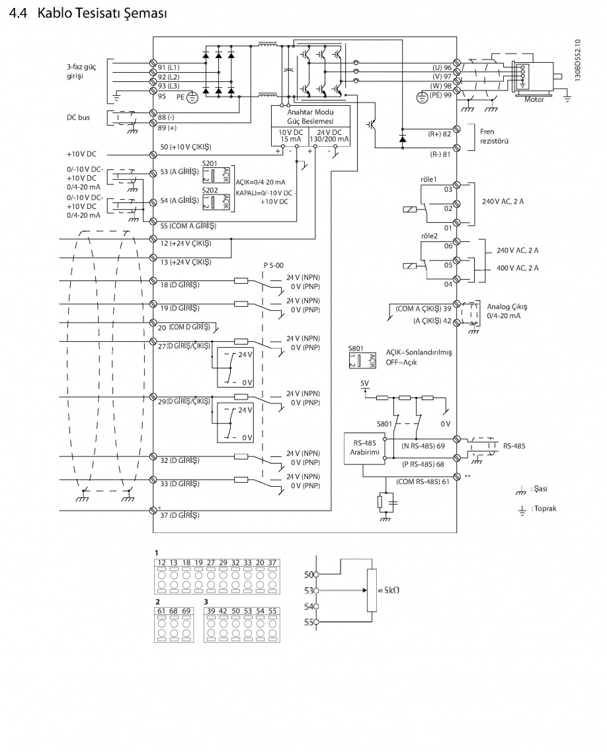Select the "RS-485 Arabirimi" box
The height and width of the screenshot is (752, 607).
pos(363,447)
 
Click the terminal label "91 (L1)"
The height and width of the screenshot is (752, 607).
pos(169,67)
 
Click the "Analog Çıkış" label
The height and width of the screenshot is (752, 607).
pos(508,307)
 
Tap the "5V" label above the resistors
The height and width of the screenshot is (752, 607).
pos(364,383)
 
